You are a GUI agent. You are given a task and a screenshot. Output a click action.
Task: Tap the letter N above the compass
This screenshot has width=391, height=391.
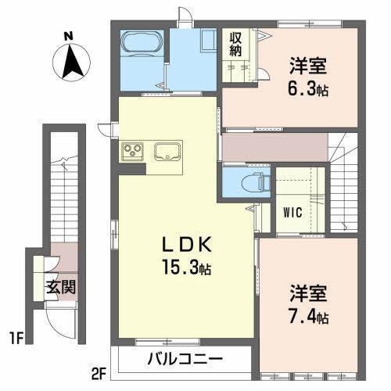(x=68, y=36)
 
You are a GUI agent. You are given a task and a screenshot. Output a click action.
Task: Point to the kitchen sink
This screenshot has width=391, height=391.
(x=167, y=151)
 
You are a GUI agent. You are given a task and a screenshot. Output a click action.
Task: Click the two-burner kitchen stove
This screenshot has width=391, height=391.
(x=131, y=151)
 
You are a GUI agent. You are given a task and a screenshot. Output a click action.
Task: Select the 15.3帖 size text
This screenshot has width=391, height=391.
(x=185, y=268)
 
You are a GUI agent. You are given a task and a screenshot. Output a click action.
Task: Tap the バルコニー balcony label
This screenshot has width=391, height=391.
(x=185, y=361)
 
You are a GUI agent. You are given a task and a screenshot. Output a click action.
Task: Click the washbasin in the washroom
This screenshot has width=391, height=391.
(x=208, y=41)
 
